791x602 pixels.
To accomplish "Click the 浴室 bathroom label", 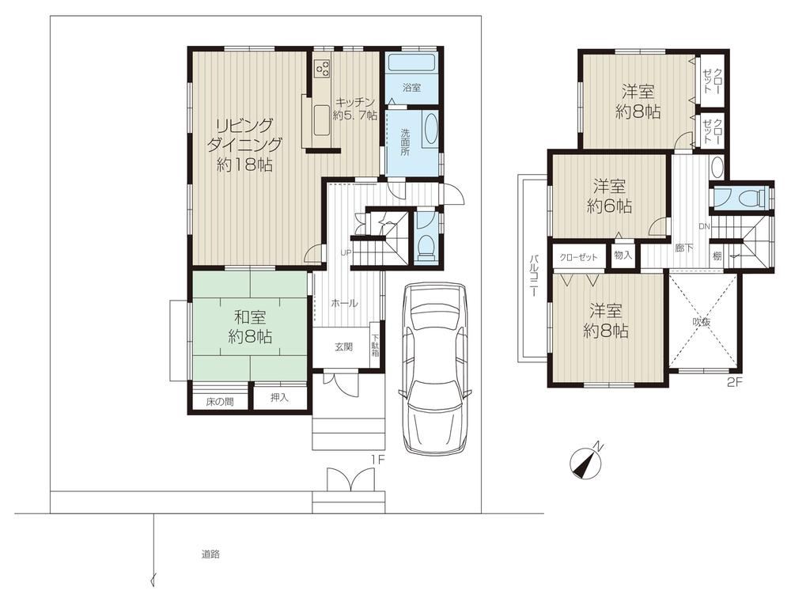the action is (x=411, y=87).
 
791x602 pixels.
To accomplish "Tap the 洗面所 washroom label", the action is (x=405, y=142).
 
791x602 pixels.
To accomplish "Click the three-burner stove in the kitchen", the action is (x=322, y=68).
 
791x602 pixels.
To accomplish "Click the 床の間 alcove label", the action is (x=219, y=402).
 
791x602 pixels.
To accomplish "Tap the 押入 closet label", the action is (x=279, y=398).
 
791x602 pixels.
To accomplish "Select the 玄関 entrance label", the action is (x=343, y=347).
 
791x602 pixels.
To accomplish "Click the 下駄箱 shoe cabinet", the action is (x=375, y=346).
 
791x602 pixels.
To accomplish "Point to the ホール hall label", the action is (x=345, y=303).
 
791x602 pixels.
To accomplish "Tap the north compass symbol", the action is (x=585, y=461).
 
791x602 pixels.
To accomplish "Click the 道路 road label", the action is (x=210, y=554).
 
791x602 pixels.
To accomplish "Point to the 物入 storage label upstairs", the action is (x=623, y=255).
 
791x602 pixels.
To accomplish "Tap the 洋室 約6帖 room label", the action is (x=609, y=196).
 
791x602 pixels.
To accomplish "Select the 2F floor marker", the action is (x=735, y=382).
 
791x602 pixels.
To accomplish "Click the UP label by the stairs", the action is (x=346, y=252).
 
